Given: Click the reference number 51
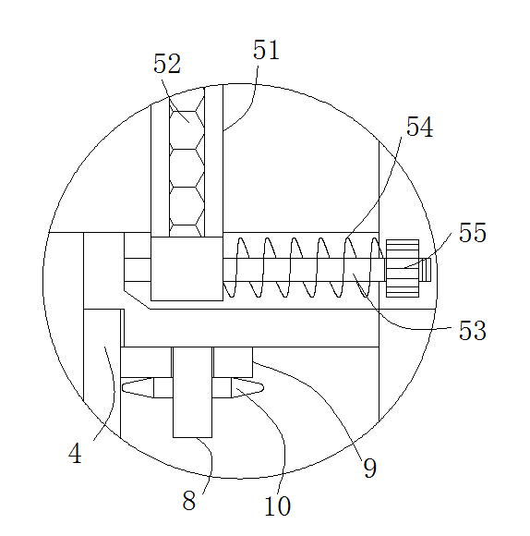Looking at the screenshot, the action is coord(266,50).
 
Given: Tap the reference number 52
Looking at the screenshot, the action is coord(166,64).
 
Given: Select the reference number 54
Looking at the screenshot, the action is coord(420,127).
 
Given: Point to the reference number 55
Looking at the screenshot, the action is coord(472,233).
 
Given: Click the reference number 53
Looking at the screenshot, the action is coord(472,330).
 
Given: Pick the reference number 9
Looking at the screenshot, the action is coord(370,468).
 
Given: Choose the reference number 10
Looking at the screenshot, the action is coord(277,506).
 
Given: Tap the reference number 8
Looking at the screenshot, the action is coord(189,501).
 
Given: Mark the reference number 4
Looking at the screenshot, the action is coord(75,453).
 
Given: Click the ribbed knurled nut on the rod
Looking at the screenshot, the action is coord(403,268).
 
